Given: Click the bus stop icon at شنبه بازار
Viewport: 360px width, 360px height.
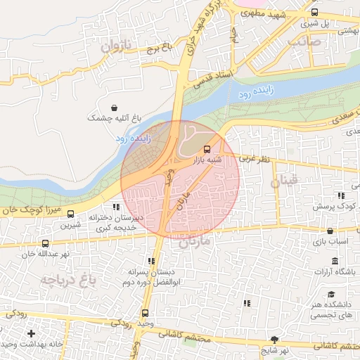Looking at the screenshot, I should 207,149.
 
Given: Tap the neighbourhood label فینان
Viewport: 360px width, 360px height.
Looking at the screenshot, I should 288,180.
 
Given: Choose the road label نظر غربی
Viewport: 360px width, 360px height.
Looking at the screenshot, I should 254,160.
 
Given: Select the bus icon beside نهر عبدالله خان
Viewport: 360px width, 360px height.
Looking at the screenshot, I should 46,244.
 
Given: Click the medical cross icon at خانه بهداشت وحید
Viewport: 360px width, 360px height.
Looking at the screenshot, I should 30,333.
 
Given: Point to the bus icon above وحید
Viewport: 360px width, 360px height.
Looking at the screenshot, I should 146,313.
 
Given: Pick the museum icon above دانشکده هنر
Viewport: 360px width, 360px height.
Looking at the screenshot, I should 330,294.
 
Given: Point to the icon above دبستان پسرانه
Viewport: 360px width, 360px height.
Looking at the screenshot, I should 151,261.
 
